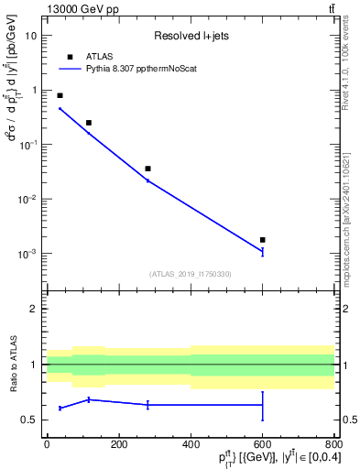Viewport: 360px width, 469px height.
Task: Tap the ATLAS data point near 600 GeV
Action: click(x=263, y=240)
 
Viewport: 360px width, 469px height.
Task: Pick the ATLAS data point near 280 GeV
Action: click(x=147, y=169)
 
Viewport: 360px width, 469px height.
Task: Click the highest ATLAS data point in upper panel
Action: click(x=60, y=95)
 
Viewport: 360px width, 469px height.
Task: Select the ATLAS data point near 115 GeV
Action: click(x=89, y=123)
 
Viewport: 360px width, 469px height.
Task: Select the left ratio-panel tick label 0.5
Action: click(x=29, y=420)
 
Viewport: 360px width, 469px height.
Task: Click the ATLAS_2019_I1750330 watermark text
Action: click(x=190, y=274)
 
